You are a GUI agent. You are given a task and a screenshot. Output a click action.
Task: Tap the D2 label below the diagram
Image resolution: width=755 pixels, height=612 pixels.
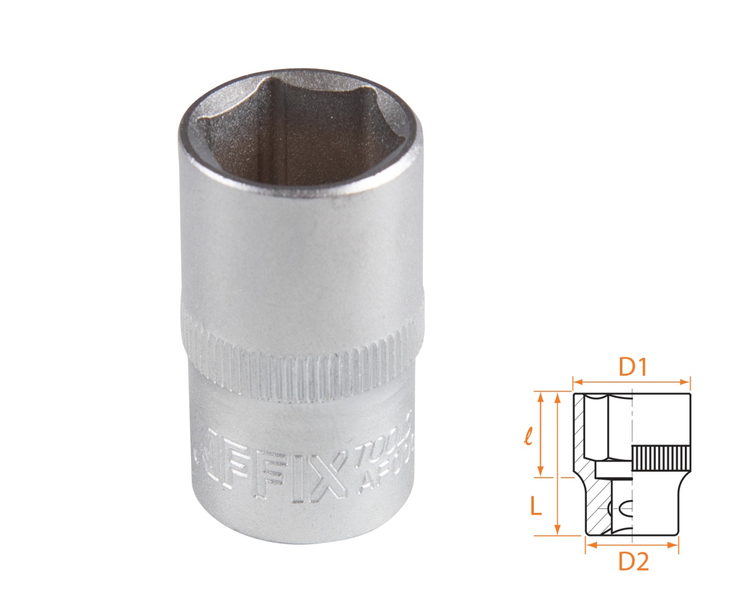pos(633,562)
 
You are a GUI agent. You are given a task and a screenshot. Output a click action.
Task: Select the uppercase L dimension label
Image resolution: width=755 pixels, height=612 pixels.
pos(536,505)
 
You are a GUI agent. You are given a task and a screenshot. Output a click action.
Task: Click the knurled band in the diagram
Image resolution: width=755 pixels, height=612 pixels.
pos(661,458)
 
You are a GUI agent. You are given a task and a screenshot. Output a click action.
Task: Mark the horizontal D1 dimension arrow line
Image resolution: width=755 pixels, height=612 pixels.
pos(631,381)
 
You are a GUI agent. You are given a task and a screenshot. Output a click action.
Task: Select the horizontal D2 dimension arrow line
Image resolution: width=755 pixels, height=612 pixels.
pos(631,545)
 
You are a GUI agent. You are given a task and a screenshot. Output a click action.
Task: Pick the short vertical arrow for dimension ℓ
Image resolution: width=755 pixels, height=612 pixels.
pos(539,435)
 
